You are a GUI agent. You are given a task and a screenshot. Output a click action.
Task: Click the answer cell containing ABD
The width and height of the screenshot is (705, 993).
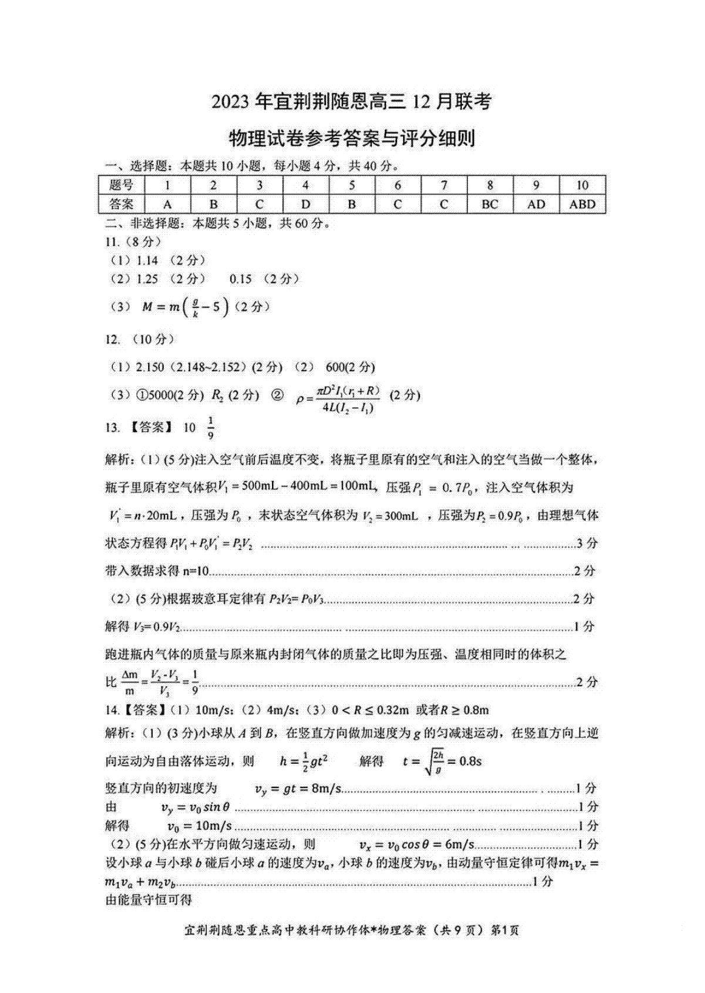pos(582,204)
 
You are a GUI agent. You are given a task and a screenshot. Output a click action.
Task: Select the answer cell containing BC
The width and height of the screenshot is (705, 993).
pos(489,204)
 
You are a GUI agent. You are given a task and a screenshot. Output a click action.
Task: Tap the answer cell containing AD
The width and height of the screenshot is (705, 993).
pos(536,204)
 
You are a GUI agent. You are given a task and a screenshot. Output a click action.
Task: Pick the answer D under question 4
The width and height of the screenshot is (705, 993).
pos(305,204)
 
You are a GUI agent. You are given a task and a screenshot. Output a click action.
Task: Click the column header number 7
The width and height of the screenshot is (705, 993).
pos(444,185)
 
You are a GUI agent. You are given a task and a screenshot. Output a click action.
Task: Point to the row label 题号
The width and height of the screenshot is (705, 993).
pos(122,185)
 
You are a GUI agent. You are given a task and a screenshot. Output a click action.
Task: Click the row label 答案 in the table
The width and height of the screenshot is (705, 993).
pos(122,204)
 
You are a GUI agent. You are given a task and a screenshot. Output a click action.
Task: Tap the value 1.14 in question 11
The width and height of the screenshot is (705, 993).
pos(147,260)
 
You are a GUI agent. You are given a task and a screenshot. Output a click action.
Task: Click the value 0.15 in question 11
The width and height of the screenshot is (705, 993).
pos(240,279)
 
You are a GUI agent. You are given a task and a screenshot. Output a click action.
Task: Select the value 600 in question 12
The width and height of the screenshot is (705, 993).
pos(334,367)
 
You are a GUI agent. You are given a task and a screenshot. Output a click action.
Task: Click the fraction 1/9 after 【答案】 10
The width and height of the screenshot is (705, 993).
pos(211,428)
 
